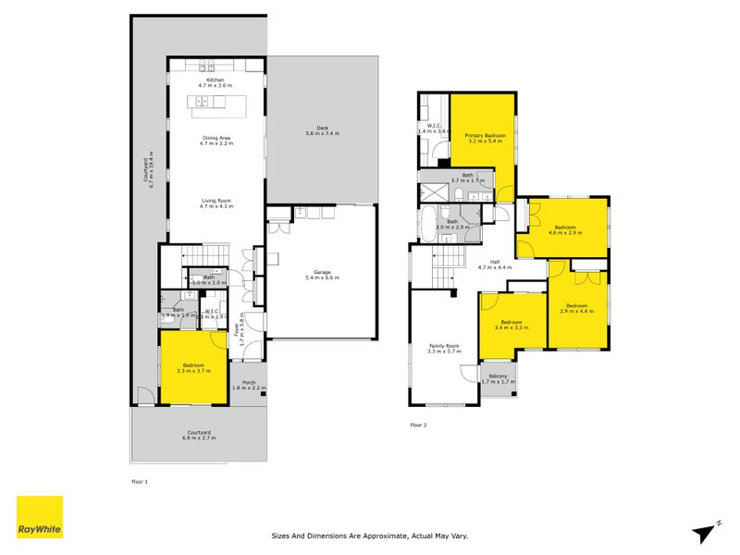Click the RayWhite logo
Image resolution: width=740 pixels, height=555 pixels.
pos(40,517)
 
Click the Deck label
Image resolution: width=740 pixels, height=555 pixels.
pos(323,130)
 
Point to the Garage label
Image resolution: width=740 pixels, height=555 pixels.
pos(323,274)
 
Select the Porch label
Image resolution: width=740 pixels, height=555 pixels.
pos(249,385)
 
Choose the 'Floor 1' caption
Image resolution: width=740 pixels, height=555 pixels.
pos(140,481)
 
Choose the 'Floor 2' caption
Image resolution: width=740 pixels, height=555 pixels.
pos(418,425)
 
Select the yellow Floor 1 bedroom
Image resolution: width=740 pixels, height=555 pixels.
pos(193,367)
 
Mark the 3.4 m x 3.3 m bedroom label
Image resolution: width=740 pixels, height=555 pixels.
pos(512,325)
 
